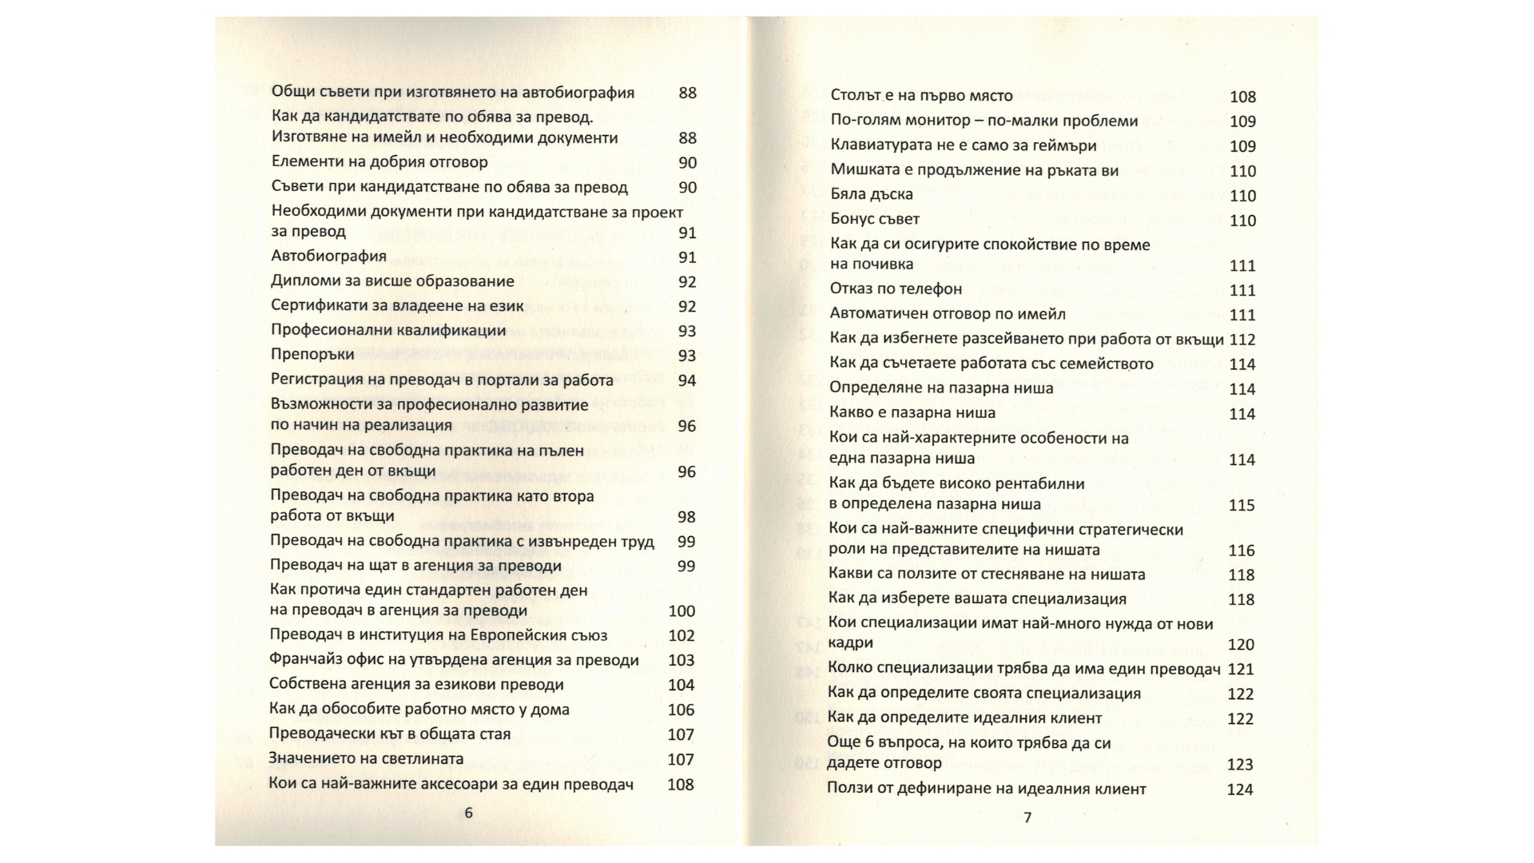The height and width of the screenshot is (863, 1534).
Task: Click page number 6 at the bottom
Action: point(468,813)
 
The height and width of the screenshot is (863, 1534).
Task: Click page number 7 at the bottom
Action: point(1027,817)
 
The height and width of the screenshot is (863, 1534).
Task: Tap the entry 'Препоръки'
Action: point(312,354)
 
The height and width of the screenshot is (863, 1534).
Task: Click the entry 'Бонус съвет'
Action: point(875,219)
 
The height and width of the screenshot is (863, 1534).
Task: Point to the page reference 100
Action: point(682,611)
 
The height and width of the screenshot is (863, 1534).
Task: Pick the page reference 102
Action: point(682,636)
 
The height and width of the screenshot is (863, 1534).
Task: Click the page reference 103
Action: point(682,661)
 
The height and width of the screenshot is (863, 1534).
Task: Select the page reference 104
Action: point(682,685)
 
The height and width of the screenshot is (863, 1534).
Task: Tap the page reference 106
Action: point(682,710)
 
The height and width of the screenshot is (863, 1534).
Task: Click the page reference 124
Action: point(1240,789)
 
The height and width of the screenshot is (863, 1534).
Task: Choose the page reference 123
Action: point(1240,765)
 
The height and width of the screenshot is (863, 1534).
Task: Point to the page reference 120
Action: point(1242,645)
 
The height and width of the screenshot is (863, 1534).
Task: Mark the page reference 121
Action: point(1242,670)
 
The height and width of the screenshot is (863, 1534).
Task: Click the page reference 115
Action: point(1242,506)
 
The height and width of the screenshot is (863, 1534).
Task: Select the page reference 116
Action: point(1242,551)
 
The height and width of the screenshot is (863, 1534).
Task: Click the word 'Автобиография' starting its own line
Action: point(328,257)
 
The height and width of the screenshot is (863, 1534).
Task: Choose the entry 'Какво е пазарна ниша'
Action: point(912,413)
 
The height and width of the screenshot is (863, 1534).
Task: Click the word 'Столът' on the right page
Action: point(856,96)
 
